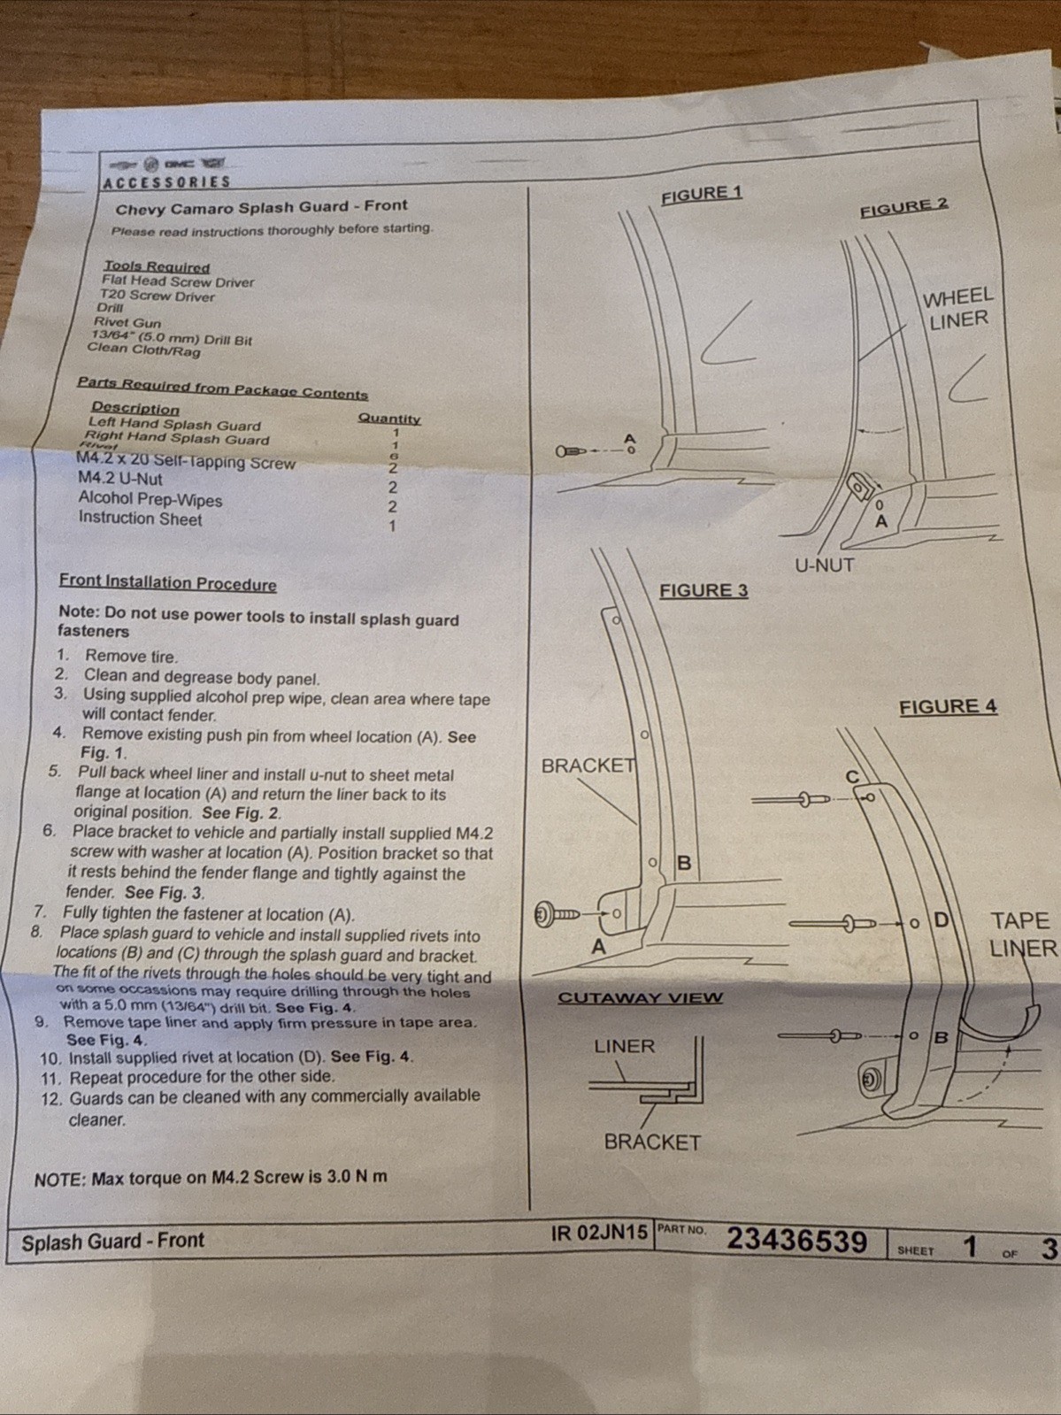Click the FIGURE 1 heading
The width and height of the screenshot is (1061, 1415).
coord(702,194)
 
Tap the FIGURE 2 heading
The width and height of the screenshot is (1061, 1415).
coord(903,207)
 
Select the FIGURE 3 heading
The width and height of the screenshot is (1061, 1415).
coord(703,590)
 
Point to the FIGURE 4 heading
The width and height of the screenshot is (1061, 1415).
coord(948,706)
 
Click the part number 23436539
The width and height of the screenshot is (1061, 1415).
coord(796,1241)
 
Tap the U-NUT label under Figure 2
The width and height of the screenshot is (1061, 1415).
coord(824,565)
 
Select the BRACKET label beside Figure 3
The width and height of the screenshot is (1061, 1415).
coord(588,765)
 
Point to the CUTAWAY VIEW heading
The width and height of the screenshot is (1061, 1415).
coord(640,997)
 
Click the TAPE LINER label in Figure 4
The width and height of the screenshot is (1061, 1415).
coord(1021,934)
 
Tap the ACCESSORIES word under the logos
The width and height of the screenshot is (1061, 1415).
coord(166,182)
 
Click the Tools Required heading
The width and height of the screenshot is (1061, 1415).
coord(157,266)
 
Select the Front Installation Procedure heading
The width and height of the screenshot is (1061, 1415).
coord(167,583)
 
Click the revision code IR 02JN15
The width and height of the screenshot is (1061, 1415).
coord(599,1233)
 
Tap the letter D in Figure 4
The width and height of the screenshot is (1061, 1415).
coord(941,920)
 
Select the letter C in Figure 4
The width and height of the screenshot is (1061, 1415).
coord(852,777)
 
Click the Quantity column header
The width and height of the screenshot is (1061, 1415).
coord(389,419)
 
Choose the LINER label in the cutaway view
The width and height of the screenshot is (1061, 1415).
coord(624,1046)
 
